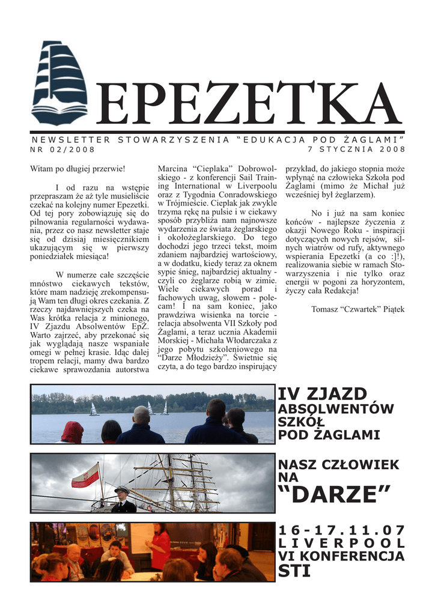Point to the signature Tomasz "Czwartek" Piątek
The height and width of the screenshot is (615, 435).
point(358,309)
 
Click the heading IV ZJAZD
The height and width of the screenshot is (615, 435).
point(322,395)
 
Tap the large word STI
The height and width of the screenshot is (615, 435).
point(294,571)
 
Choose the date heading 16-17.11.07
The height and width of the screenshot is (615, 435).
point(341,530)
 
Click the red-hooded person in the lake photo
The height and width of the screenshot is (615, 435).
point(73,432)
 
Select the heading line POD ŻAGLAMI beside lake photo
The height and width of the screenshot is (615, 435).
point(329,435)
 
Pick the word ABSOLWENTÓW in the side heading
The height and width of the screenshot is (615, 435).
point(335,409)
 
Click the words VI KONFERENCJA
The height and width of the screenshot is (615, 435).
point(341,557)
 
